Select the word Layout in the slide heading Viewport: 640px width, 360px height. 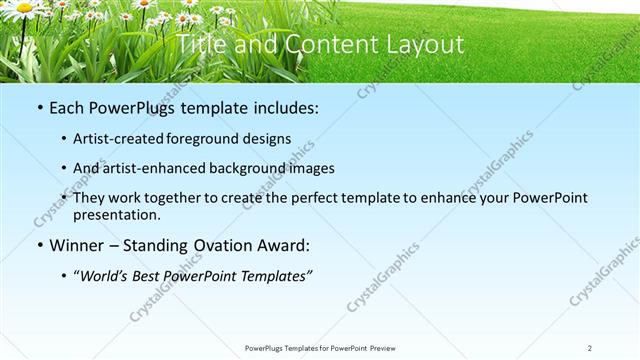click(x=424, y=45)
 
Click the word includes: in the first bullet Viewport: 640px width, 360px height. click(x=283, y=107)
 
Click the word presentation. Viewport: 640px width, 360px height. click(x=116, y=214)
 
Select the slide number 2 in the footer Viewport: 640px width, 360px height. click(x=590, y=348)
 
